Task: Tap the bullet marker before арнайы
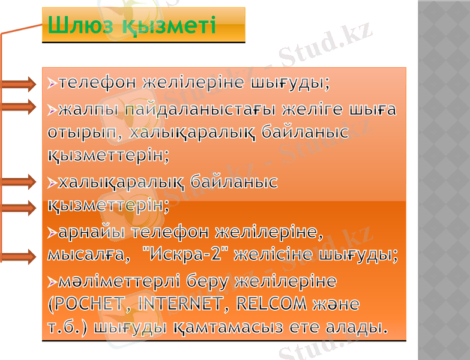[x=53, y=232]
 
